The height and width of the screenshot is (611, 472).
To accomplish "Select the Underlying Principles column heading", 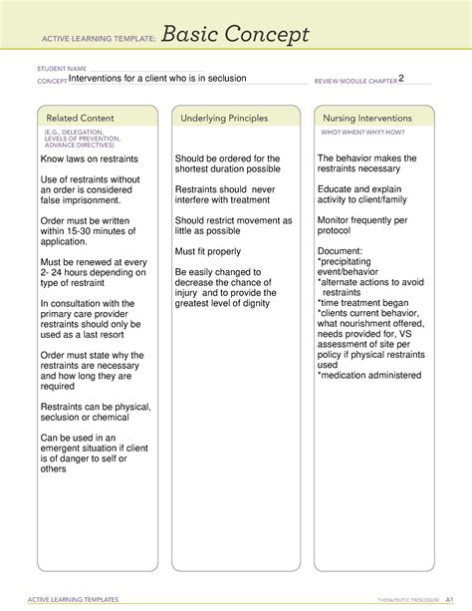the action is click(224, 119).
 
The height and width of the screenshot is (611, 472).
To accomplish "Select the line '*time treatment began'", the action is click(367, 302).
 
